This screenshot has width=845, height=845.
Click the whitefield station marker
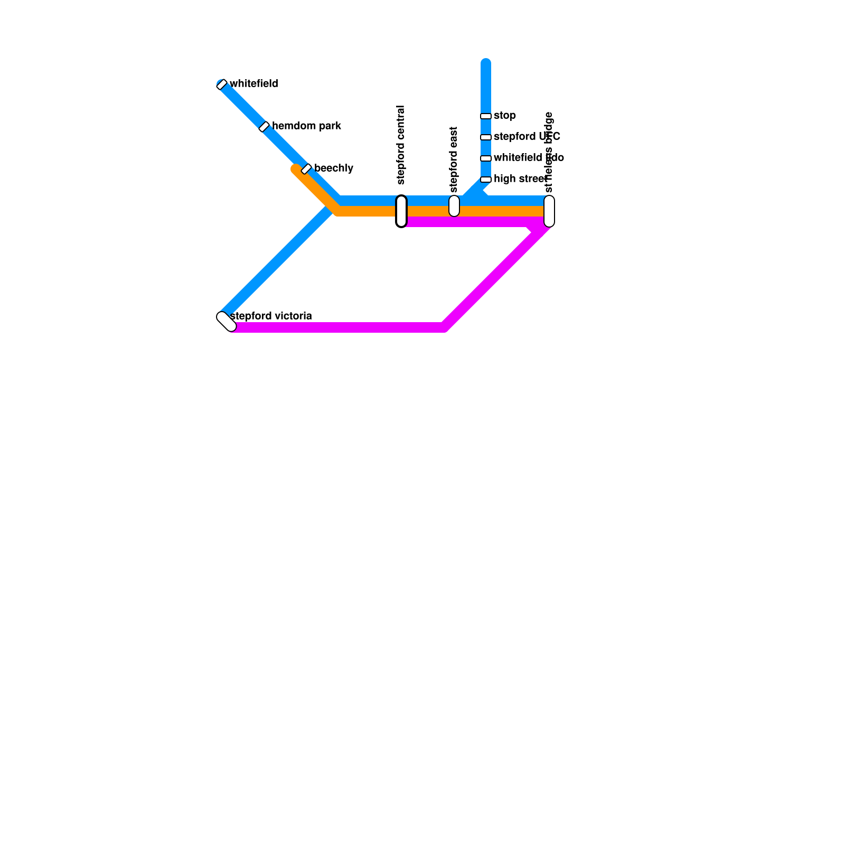[222, 84]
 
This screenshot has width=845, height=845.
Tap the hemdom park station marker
[264, 127]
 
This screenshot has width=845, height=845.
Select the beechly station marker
[306, 169]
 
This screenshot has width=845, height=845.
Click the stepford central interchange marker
[401, 211]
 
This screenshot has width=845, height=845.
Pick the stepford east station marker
[454, 206]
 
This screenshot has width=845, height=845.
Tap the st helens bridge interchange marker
[549, 211]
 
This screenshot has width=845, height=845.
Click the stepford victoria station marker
[227, 322]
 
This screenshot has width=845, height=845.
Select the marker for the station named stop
[486, 116]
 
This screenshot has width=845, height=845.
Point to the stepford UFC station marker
[486, 137]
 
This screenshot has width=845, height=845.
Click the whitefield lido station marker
[486, 158]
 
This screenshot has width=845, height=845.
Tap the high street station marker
[486, 180]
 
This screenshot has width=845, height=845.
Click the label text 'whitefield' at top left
[254, 84]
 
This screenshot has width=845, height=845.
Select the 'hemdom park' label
[306, 126]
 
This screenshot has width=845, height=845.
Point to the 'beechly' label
[334, 168]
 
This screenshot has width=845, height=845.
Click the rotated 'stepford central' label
[401, 145]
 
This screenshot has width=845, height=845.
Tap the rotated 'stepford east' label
[454, 159]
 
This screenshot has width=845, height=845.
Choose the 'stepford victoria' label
[271, 316]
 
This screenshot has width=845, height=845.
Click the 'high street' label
[520, 179]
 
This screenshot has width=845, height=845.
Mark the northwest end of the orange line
[296, 169]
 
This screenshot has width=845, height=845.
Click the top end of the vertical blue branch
[486, 63]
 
